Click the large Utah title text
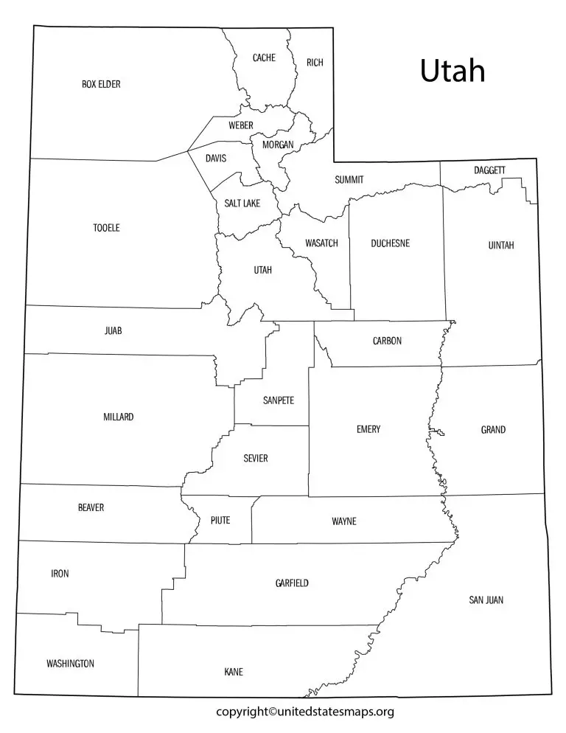pos(453,71)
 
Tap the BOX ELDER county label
pos(101,84)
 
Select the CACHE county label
pos(264,58)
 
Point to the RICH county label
pos(315,63)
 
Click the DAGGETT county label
pos(489,170)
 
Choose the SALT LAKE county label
pos(242,203)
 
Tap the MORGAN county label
pos(278,145)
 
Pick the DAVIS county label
pos(216,158)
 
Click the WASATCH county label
pos(321,243)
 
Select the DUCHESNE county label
pos(391,243)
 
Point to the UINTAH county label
pos(501,245)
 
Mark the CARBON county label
pos(387,341)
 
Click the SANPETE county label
pos(279,400)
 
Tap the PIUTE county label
pos(220,520)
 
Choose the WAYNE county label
pos(344,521)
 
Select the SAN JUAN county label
pos(486,600)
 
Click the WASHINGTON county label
pos(70,664)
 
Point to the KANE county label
pos(234,672)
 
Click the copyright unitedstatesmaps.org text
pos(305,712)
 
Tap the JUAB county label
pos(113,331)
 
